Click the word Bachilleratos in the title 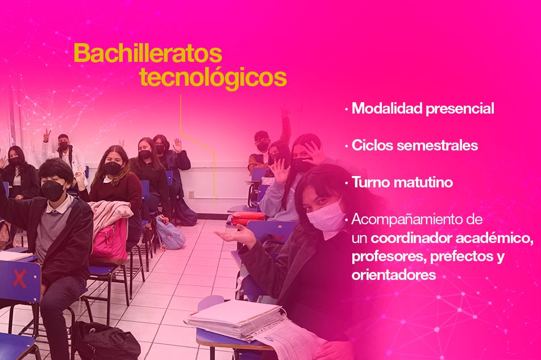point(148,53)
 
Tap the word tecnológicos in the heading point(213,78)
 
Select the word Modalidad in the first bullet point(387,108)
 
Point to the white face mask point(325,217)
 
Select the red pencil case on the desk point(248,218)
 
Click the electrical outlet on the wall point(191,195)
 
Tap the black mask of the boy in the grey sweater point(53,191)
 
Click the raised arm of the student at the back point(286,124)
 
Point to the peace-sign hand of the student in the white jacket point(47,135)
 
